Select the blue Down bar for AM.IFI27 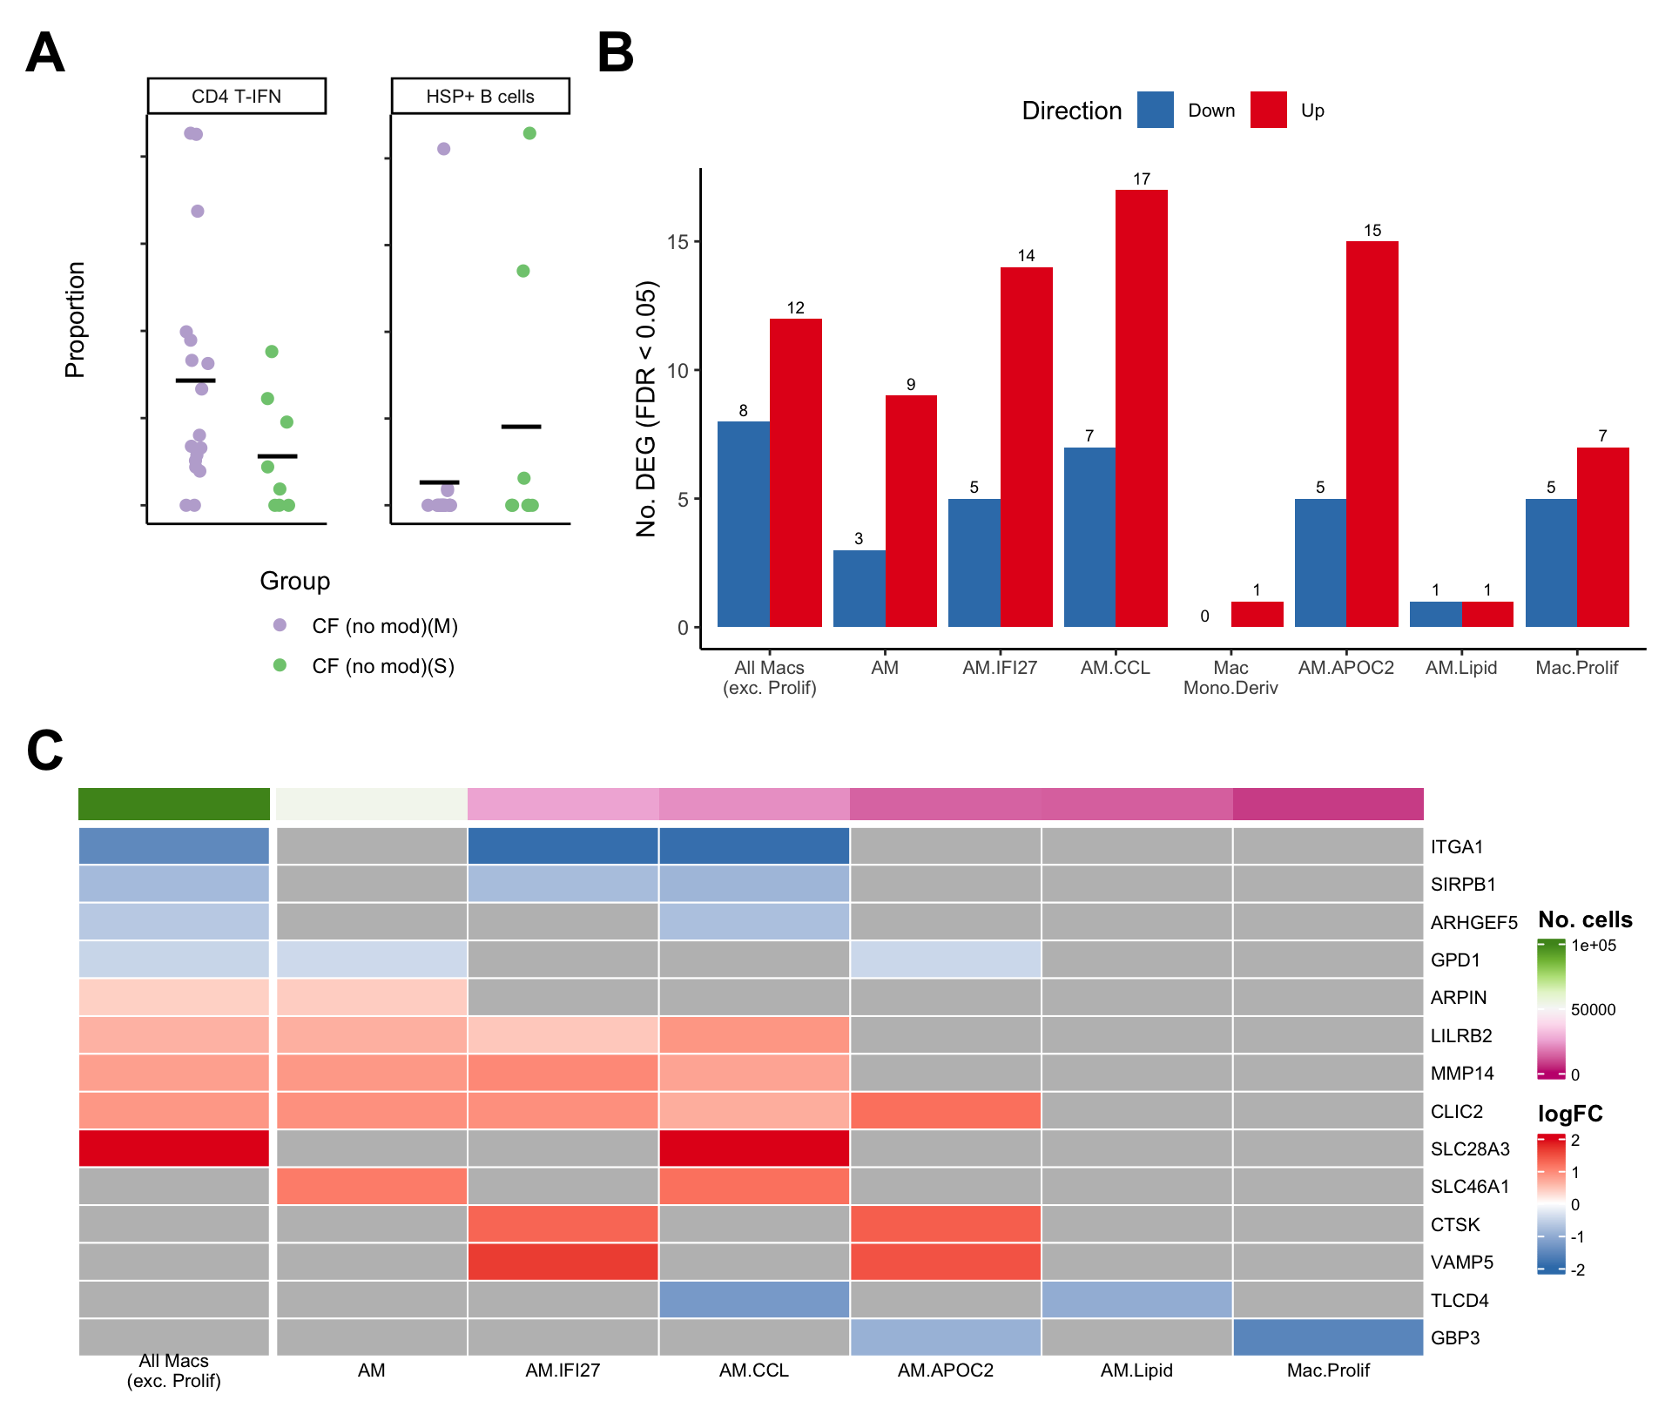974,562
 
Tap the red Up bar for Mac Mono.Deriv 1257,614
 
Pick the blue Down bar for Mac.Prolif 1551,562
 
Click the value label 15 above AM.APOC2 1372,231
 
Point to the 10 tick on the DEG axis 678,371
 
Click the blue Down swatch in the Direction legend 1155,111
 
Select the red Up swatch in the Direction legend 1268,111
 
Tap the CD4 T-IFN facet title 237,97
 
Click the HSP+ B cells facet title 481,97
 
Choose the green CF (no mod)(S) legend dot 280,665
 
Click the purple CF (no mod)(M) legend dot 280,625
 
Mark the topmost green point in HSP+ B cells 529,133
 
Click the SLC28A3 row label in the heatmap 1470,1149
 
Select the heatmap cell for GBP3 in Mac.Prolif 1328,1337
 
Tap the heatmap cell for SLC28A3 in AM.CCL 754,1148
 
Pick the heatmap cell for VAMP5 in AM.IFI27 563,1262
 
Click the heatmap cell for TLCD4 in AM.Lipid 1136,1300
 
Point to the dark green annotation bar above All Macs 174,804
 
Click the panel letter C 45,750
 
